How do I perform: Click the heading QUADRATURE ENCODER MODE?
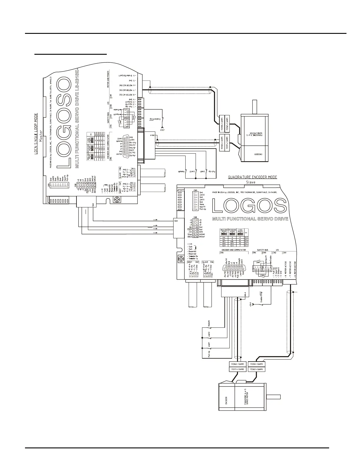coord(252,177)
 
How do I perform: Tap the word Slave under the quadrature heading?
coord(251,182)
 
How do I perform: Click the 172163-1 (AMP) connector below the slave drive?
coord(237,364)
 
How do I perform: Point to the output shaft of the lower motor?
coord(273,396)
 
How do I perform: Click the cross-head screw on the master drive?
coord(117,200)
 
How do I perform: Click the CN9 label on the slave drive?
coord(195,190)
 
